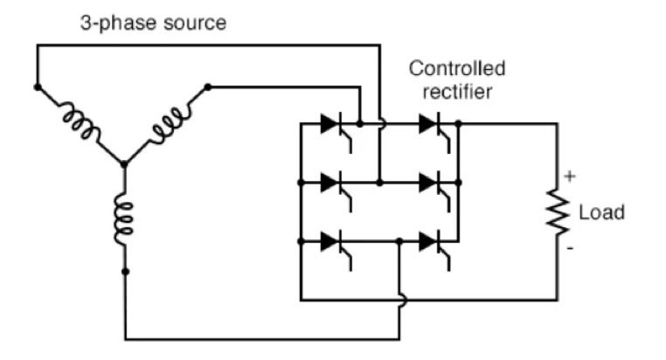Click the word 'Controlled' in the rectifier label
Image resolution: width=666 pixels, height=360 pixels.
(x=457, y=68)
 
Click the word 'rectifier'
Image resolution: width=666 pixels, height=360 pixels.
(x=457, y=90)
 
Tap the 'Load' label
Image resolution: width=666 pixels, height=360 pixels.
(x=601, y=212)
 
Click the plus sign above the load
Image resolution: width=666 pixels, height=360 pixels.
(x=570, y=177)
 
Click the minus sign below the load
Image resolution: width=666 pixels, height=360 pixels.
(x=570, y=248)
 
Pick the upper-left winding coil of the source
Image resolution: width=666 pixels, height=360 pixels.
(x=79, y=123)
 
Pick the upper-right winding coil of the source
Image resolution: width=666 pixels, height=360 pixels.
(x=165, y=123)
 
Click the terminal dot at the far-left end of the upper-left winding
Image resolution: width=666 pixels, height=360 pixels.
(x=37, y=87)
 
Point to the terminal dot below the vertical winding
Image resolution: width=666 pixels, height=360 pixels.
(x=124, y=272)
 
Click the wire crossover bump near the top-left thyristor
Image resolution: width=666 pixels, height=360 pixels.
(x=379, y=124)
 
